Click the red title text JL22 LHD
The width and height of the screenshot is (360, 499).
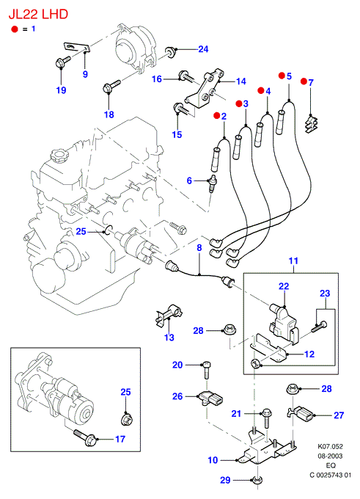tap(38, 15)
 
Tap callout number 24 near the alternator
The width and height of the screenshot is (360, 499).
tap(203, 49)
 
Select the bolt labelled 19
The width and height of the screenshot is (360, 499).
tap(62, 61)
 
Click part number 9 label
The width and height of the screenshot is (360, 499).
tap(85, 74)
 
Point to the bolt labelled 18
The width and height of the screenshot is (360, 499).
tap(111, 86)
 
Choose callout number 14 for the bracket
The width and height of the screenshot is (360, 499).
tap(241, 81)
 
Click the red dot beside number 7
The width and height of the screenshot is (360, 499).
tap(304, 81)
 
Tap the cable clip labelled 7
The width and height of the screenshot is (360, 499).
tap(312, 125)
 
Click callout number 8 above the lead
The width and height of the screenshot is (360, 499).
tap(199, 247)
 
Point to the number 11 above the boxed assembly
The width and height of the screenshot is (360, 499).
tap(293, 261)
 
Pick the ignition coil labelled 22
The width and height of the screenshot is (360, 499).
tap(282, 324)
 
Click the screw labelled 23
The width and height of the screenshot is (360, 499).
tap(319, 327)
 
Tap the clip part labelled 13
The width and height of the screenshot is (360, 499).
tap(168, 314)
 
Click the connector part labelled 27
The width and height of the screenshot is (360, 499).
tap(300, 414)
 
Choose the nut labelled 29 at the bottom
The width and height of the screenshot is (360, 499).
tap(257, 480)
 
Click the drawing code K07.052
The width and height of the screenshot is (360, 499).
tap(331, 446)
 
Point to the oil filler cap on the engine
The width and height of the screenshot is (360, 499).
tap(59, 156)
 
